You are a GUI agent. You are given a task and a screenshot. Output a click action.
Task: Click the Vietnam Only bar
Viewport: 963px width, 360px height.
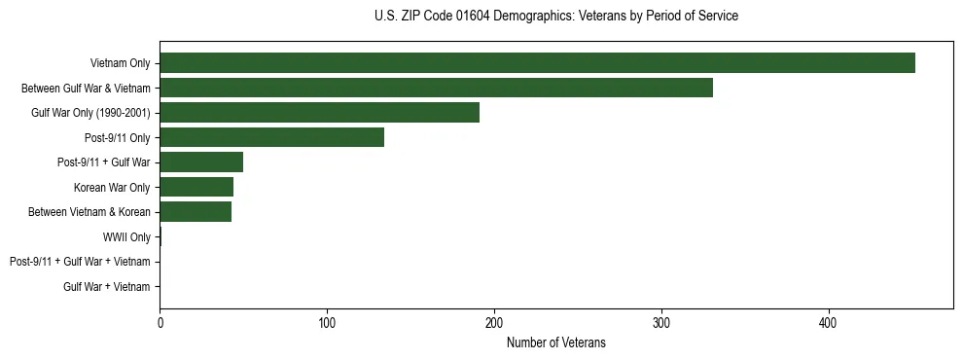537,63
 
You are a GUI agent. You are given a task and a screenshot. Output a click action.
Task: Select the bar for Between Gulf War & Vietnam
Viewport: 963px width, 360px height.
436,88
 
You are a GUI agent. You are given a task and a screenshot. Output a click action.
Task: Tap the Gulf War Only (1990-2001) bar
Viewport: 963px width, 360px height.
319,113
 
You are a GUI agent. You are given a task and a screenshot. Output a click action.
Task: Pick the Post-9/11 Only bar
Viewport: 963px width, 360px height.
271,137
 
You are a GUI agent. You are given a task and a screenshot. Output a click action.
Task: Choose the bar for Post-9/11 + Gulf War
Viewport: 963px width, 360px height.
201,162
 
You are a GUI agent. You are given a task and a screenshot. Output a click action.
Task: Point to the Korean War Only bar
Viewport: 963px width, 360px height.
196,187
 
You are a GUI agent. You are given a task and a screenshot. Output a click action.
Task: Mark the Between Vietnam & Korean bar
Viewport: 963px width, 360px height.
196,212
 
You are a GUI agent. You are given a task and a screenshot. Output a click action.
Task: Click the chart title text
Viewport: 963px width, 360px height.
555,17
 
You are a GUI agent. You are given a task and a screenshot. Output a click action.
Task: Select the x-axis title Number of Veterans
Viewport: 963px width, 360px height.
555,342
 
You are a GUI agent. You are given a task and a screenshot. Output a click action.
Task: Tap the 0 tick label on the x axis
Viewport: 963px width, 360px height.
160,322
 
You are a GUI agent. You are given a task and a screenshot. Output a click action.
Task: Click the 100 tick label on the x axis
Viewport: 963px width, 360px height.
327,322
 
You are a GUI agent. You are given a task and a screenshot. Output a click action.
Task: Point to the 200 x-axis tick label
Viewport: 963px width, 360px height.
494,322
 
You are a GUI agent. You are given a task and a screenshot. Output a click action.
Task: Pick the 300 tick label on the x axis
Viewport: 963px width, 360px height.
661,322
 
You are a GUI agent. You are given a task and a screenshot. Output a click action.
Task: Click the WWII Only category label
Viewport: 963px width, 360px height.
126,236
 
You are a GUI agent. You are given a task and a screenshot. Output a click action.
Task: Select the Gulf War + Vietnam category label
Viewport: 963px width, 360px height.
107,286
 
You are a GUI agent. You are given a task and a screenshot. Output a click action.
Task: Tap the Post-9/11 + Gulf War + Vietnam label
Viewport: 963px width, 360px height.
80,262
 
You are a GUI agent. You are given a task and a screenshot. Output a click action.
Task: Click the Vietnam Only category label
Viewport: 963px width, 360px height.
120,63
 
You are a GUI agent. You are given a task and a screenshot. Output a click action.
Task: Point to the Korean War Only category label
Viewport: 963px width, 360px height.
112,187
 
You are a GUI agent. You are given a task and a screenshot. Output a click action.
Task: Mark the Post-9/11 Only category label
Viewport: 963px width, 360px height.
118,137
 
